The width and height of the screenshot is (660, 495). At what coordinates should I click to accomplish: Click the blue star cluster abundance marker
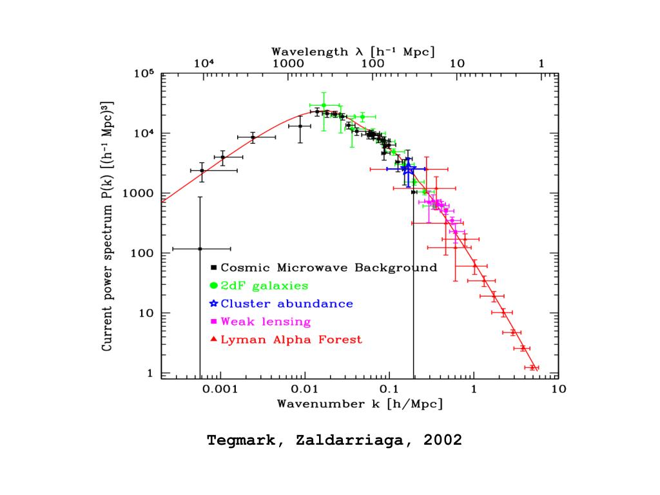pyautogui.click(x=407, y=168)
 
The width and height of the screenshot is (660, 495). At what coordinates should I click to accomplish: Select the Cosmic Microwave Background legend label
pyautogui.click(x=329, y=267)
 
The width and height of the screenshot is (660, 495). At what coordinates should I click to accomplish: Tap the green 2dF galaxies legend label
pyautogui.click(x=264, y=286)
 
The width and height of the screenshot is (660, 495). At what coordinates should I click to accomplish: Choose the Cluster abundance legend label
pyautogui.click(x=287, y=304)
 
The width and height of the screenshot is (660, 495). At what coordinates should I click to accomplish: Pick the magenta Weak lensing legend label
pyautogui.click(x=266, y=322)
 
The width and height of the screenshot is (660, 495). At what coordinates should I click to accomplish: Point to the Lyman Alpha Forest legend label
pyautogui.click(x=291, y=340)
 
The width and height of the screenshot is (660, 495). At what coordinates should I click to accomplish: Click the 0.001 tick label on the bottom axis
pyautogui.click(x=220, y=389)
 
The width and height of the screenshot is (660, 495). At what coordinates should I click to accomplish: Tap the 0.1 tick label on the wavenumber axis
pyautogui.click(x=389, y=389)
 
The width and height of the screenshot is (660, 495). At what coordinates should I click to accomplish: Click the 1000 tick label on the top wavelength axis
pyautogui.click(x=288, y=63)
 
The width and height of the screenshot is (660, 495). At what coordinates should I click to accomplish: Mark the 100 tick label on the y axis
pyautogui.click(x=141, y=253)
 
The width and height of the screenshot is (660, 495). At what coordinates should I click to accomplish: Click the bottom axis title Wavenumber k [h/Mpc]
pyautogui.click(x=360, y=405)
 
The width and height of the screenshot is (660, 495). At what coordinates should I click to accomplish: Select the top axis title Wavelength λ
pyautogui.click(x=353, y=51)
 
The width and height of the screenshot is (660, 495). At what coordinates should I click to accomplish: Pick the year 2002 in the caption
pyautogui.click(x=442, y=441)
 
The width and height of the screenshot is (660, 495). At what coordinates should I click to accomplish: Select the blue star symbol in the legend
pyautogui.click(x=214, y=304)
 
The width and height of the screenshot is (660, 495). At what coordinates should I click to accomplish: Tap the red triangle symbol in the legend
pyautogui.click(x=213, y=340)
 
